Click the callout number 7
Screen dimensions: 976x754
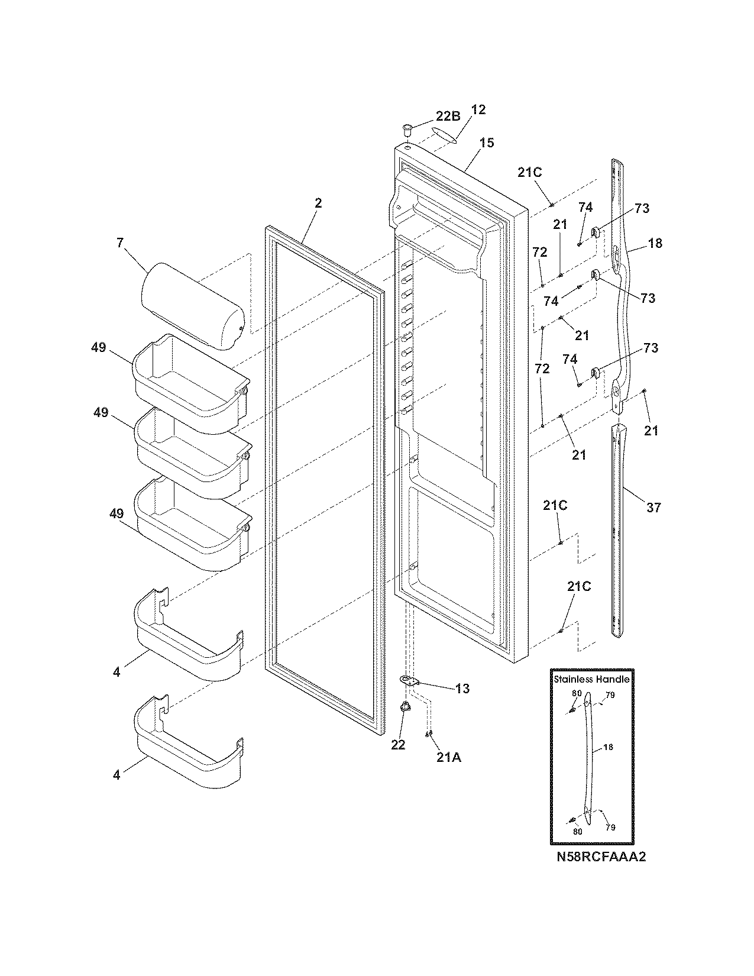[120, 243]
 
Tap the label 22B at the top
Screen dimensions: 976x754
[448, 117]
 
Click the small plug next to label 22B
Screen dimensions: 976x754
[407, 127]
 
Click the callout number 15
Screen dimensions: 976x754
[487, 143]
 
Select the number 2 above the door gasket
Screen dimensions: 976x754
[318, 203]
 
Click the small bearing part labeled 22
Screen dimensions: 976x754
[404, 706]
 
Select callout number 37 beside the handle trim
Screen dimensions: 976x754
[653, 507]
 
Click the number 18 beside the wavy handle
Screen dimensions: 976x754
[655, 243]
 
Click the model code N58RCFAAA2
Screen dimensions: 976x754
[601, 857]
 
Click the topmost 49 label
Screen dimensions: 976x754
[99, 348]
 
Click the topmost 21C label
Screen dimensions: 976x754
[529, 172]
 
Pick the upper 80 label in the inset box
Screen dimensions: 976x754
[577, 694]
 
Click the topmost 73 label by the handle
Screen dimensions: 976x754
[642, 208]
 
